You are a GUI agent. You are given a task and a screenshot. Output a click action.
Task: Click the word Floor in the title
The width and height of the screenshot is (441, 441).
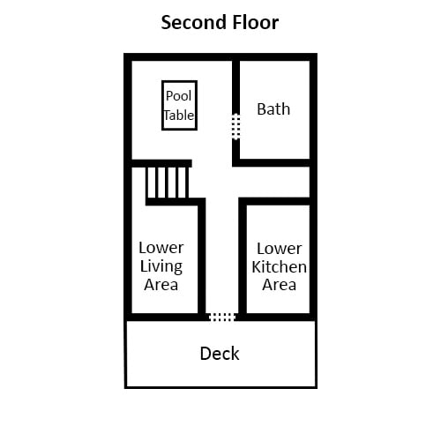[x=256, y=22]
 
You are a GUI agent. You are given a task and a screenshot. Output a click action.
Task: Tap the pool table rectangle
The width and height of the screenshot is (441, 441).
[x=162, y=105]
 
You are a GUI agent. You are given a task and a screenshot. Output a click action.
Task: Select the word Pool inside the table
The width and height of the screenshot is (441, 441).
[x=178, y=96]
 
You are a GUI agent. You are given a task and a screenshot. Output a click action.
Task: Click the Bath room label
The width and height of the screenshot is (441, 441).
[x=273, y=109]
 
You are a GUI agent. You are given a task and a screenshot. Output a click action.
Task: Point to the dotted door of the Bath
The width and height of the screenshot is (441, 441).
[x=235, y=127]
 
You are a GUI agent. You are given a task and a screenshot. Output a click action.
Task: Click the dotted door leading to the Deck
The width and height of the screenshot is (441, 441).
[x=221, y=317]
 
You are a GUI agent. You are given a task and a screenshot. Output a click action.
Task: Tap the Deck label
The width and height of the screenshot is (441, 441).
[x=220, y=354]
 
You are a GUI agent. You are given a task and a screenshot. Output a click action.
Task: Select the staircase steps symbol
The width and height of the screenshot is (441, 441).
[x=168, y=183]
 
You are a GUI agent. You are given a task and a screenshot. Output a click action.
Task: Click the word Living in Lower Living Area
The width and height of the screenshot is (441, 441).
[x=161, y=267]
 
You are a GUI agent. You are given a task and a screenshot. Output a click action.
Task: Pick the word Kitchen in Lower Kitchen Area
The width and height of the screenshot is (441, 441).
[x=279, y=267]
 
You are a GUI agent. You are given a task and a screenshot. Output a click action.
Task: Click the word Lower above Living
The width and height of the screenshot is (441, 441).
[x=161, y=248]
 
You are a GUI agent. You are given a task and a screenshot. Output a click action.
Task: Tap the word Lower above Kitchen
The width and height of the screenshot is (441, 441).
[x=280, y=249]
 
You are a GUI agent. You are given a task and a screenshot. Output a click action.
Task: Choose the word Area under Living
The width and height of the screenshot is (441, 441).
[x=161, y=285]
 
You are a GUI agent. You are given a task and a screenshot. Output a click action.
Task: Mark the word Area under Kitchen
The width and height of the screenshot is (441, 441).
[x=279, y=285]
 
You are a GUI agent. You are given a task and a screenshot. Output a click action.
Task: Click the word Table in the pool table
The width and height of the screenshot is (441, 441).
[x=179, y=115]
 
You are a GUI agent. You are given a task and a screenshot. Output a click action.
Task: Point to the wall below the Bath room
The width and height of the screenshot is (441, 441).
[x=271, y=163]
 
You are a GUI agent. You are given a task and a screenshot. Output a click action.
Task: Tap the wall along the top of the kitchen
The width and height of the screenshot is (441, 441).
[x=274, y=201]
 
